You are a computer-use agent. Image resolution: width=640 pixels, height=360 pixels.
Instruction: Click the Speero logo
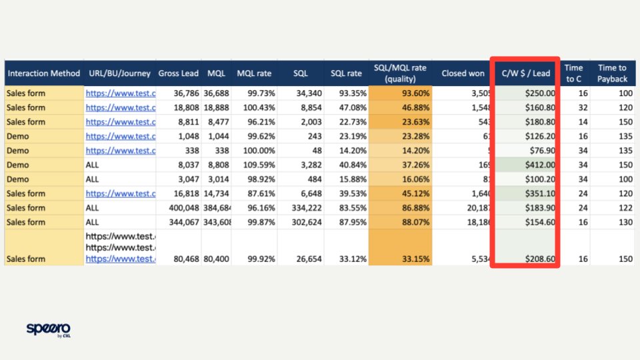pyautogui.click(x=48, y=329)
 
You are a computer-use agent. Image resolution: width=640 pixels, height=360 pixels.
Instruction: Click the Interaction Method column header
pyautogui.click(x=43, y=73)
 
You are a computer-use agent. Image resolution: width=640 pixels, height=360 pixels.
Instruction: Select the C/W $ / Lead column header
pyautogui.click(x=525, y=73)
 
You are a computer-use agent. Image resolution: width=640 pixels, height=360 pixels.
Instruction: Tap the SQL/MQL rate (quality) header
pyautogui.click(x=399, y=73)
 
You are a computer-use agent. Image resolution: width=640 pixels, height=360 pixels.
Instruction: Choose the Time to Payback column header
pyautogui.click(x=612, y=73)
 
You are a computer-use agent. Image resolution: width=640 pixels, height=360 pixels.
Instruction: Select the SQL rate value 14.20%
pyautogui.click(x=349, y=151)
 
